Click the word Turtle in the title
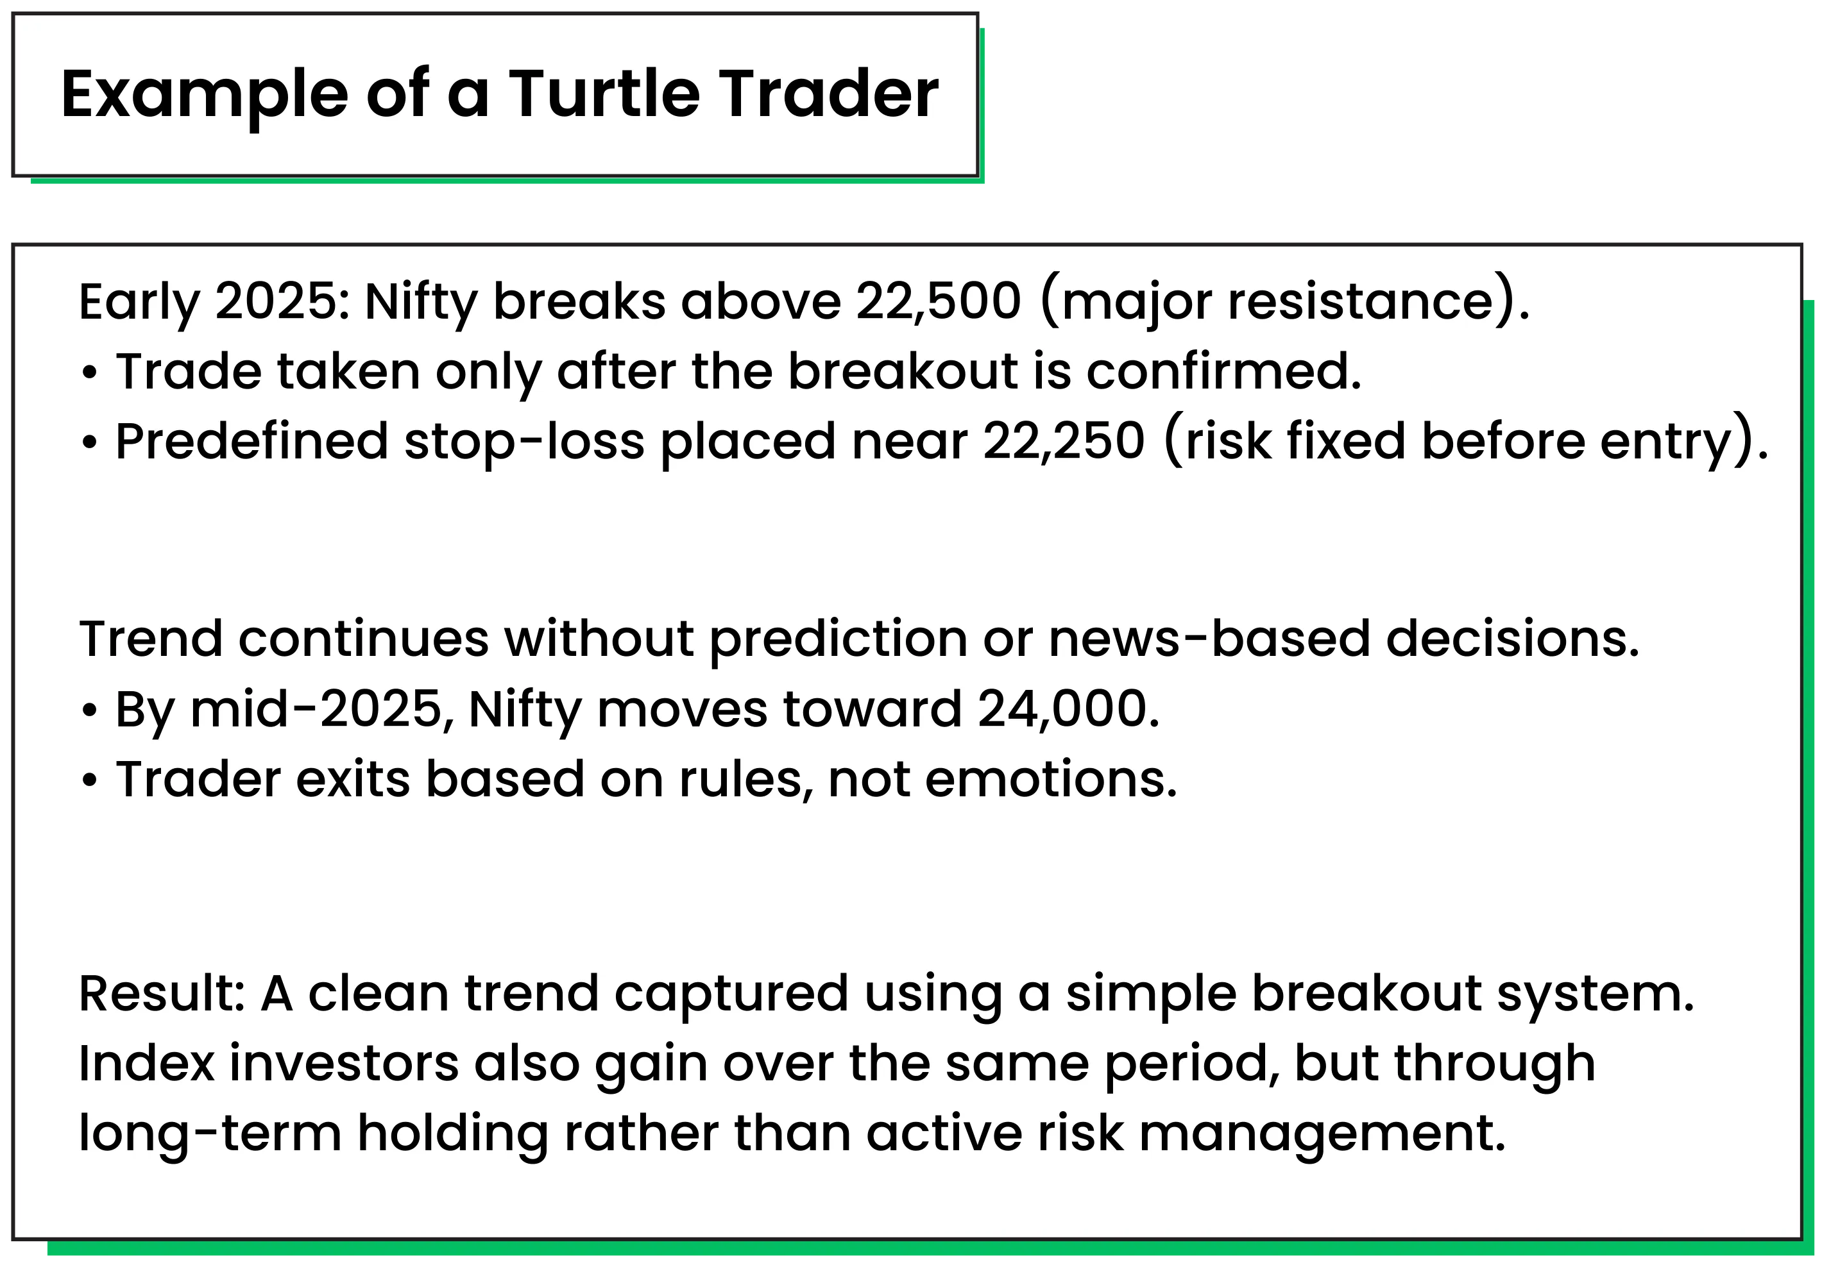click(604, 94)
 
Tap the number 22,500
click(938, 302)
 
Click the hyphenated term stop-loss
click(524, 442)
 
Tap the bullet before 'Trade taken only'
click(90, 373)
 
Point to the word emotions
click(1051, 779)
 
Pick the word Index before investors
click(147, 1064)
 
